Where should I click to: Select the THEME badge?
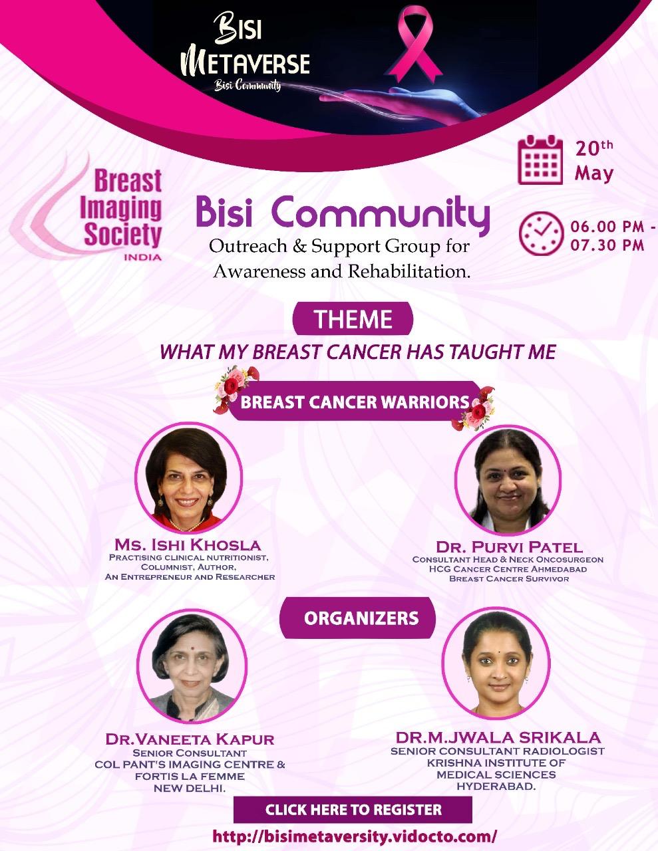click(353, 318)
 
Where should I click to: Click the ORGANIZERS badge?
click(357, 618)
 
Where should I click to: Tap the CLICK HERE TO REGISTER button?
click(353, 810)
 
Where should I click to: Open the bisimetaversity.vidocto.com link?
click(355, 836)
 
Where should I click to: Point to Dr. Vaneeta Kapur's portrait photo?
click(192, 665)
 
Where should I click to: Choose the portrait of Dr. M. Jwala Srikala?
click(496, 663)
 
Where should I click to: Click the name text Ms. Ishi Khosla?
click(188, 545)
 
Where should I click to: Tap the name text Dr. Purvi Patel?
click(509, 547)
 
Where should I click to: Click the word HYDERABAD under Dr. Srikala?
click(496, 786)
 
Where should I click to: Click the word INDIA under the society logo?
click(142, 257)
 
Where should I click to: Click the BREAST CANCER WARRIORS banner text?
click(355, 402)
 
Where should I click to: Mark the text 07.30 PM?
click(607, 245)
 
